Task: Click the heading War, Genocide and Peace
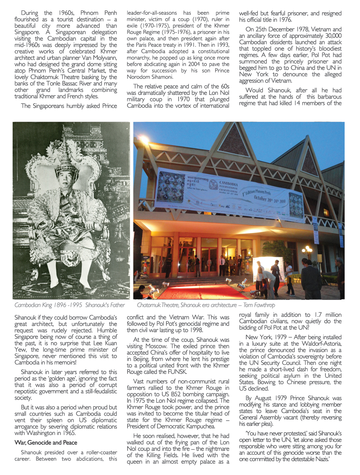pos(46,443)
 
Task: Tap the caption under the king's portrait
pos(69,305)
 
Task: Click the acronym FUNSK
pos(177,372)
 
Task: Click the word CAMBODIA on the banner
pos(228,184)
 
